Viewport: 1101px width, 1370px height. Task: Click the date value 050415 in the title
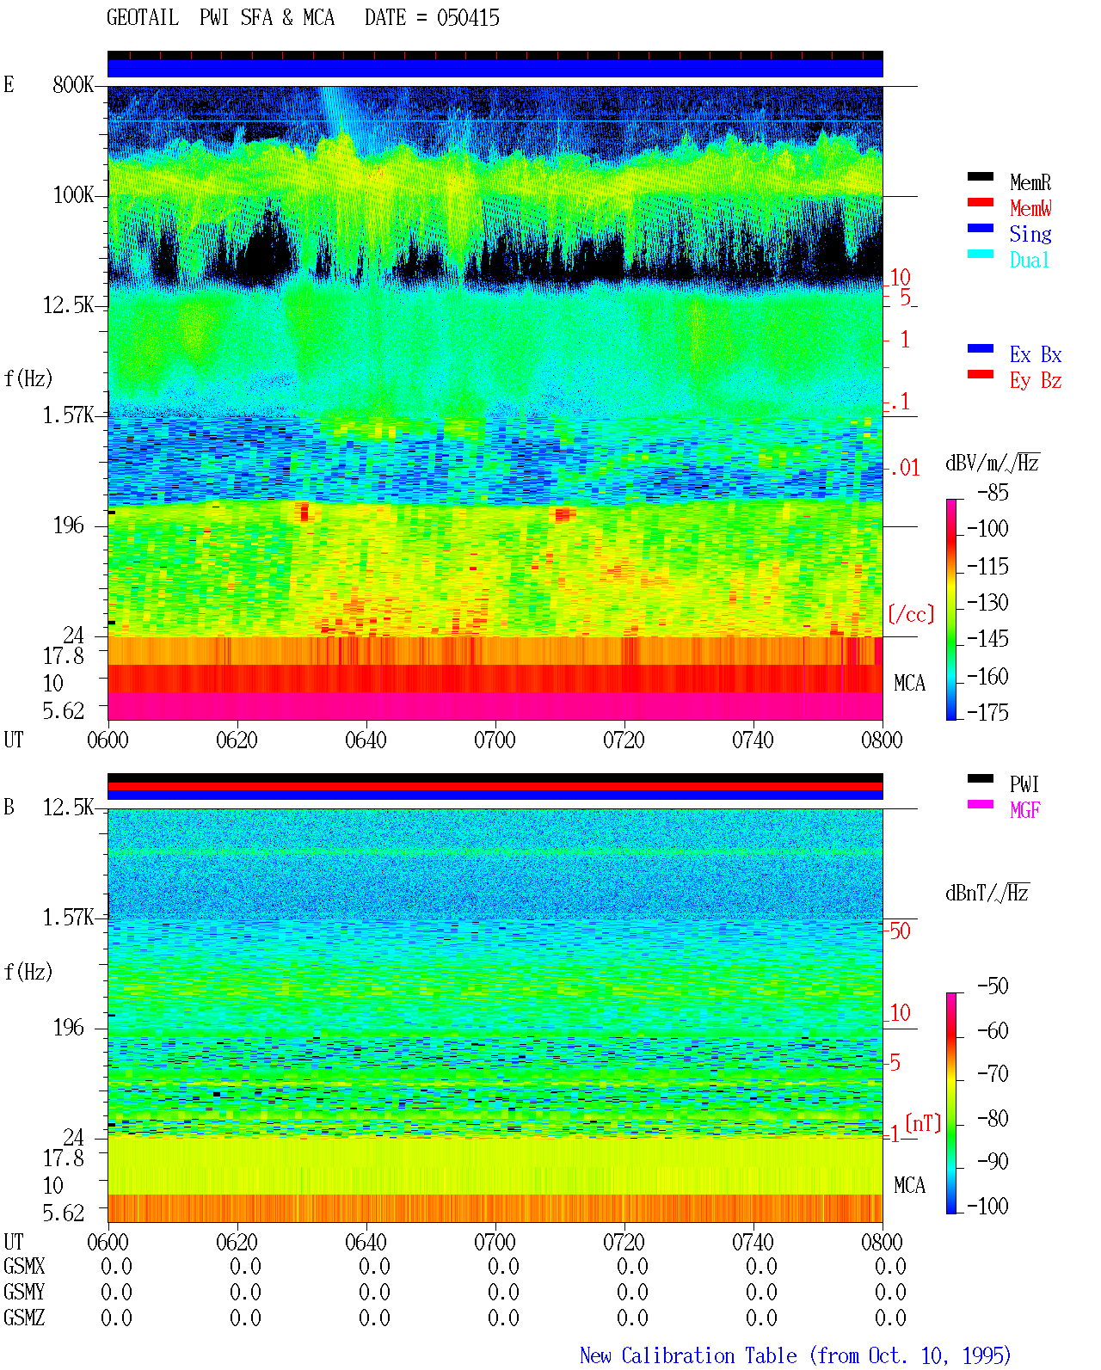(x=468, y=18)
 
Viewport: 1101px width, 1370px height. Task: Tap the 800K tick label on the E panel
(x=73, y=84)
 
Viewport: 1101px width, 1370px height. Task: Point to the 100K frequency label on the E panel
(x=73, y=195)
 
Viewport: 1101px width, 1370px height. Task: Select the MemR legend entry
(x=1030, y=182)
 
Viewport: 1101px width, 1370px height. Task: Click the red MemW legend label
(x=1030, y=208)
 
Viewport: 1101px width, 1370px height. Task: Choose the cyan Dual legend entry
(x=1029, y=260)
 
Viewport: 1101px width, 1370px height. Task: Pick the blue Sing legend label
(x=1030, y=234)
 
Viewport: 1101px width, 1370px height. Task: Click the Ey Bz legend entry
(x=1036, y=381)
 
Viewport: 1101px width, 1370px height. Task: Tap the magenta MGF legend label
(x=1024, y=810)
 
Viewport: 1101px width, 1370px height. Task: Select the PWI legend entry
(x=1024, y=783)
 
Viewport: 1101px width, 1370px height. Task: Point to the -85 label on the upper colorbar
(x=993, y=492)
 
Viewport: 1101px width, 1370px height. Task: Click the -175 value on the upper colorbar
(x=987, y=712)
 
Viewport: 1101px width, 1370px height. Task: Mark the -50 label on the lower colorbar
(x=993, y=986)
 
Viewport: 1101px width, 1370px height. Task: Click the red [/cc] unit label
(x=911, y=614)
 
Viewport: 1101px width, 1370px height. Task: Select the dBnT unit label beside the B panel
(x=987, y=893)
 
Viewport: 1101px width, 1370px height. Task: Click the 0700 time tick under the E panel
(x=495, y=740)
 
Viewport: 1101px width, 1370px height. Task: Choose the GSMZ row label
(x=24, y=1318)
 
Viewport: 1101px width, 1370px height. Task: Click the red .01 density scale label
(x=904, y=469)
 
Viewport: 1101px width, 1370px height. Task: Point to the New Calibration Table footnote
(x=795, y=1355)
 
